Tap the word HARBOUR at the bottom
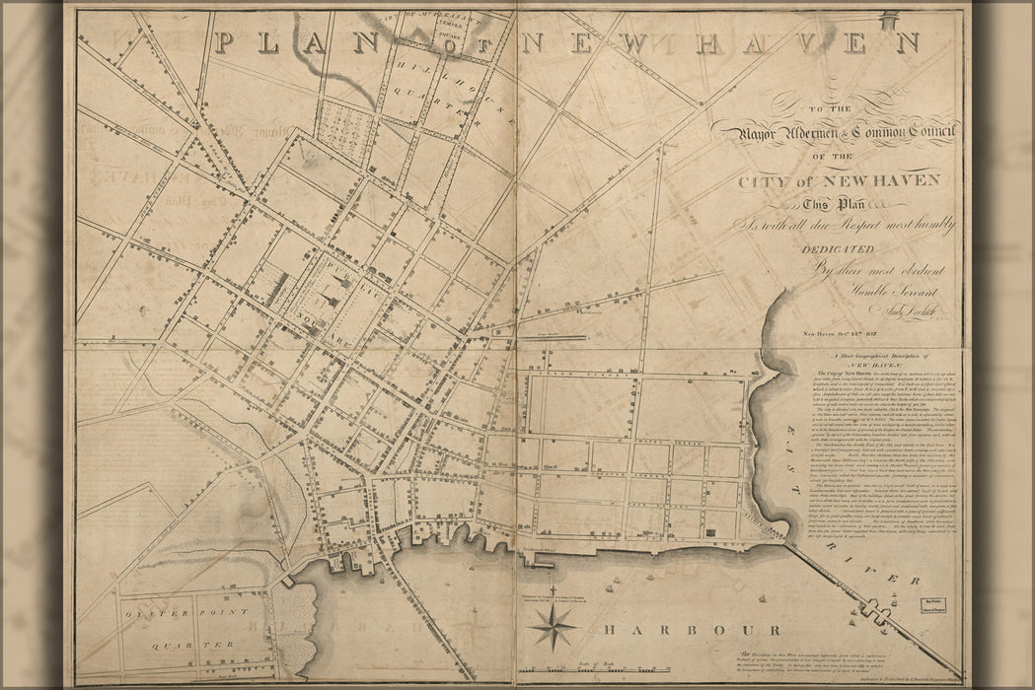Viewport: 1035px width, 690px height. click(694, 630)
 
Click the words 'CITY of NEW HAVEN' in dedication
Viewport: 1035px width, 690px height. click(838, 180)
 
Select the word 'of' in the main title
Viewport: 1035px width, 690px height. click(452, 44)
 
